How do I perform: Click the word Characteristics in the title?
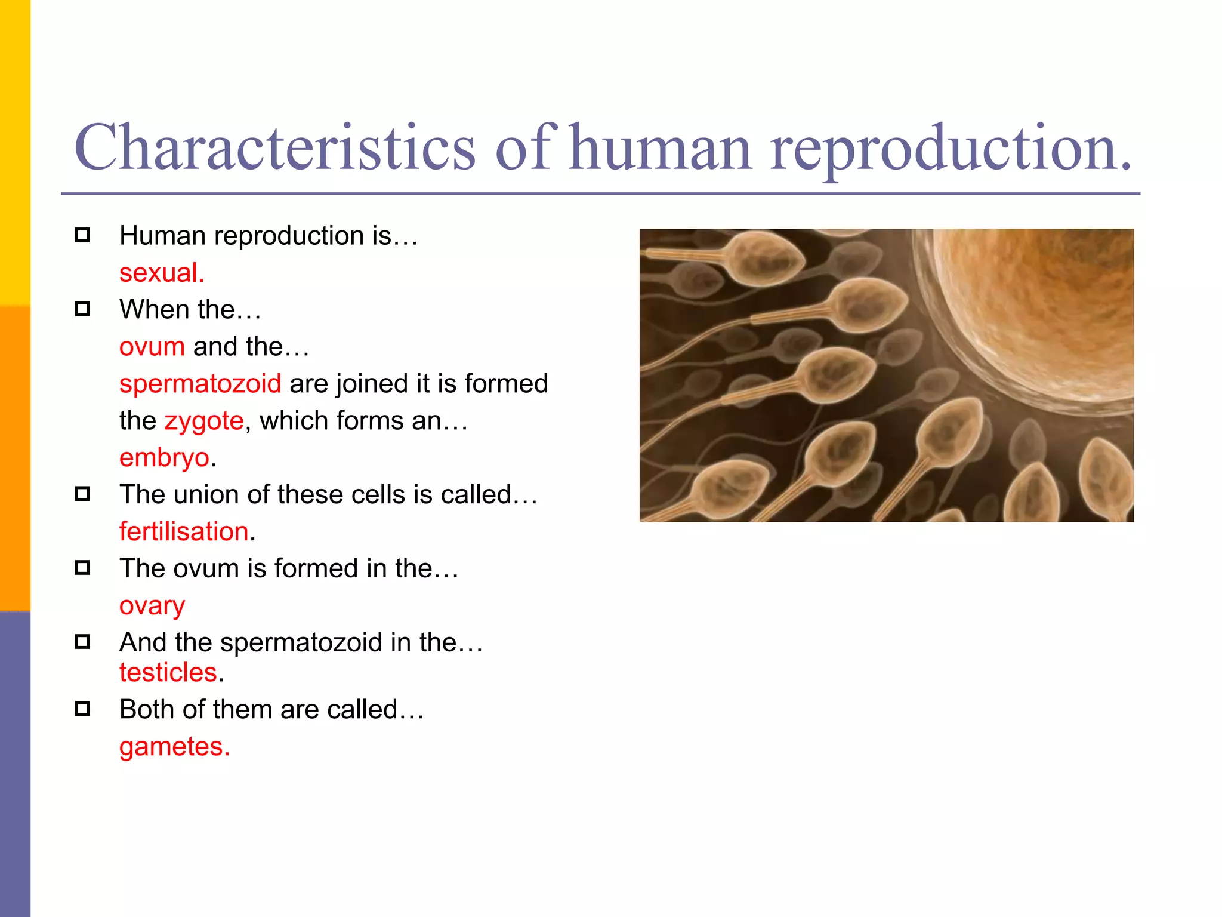point(274,147)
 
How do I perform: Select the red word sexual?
point(161,273)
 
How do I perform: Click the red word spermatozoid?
point(200,383)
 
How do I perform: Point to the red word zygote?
point(204,421)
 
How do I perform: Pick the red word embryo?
point(164,458)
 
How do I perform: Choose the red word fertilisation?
point(184,531)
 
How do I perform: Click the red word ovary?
point(152,605)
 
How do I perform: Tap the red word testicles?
point(168,672)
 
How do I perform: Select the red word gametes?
point(174,746)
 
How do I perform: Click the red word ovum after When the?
point(152,347)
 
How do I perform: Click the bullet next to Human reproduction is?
point(82,235)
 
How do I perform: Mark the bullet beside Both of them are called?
point(82,709)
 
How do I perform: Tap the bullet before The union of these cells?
point(82,494)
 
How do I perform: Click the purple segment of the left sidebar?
point(15,764)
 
